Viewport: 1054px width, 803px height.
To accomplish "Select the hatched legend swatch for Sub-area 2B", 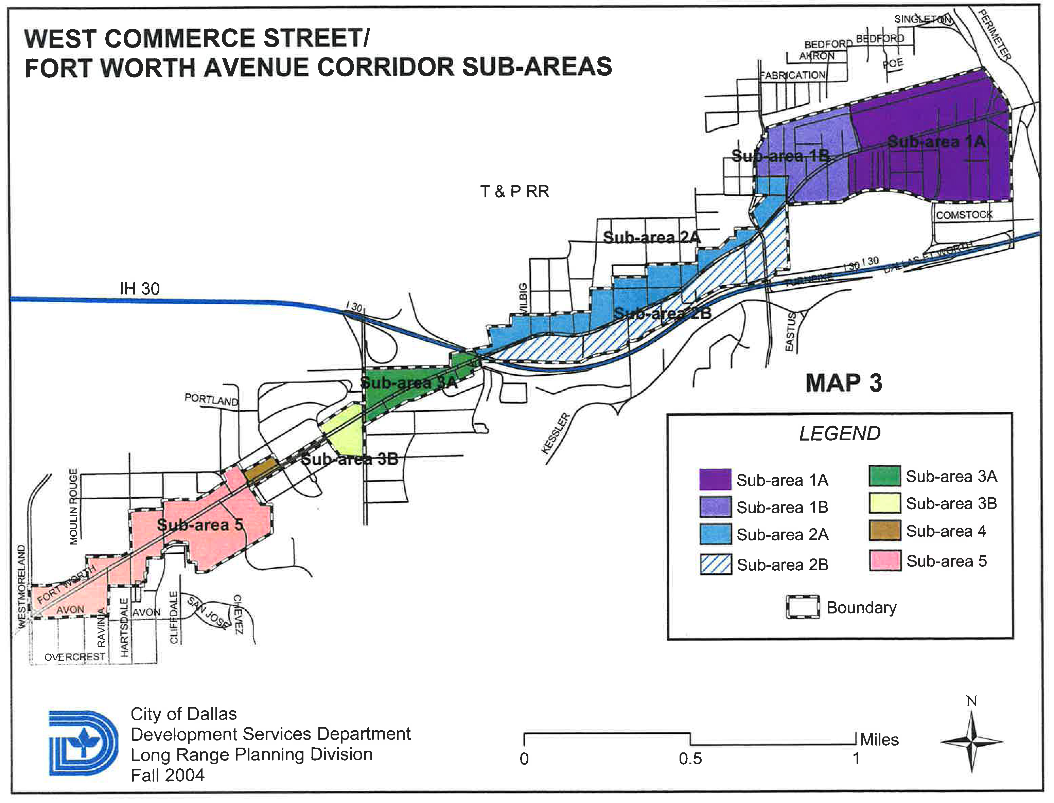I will (x=715, y=565).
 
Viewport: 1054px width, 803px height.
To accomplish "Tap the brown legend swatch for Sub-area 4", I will (x=884, y=531).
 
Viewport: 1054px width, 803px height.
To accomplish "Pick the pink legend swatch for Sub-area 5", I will (x=884, y=561).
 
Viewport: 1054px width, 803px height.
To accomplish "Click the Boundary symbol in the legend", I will (x=803, y=607).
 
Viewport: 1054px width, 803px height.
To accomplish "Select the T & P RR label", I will (x=514, y=192).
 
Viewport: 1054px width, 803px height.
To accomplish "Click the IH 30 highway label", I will (x=140, y=289).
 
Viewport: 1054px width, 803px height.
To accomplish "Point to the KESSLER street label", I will (x=556, y=433).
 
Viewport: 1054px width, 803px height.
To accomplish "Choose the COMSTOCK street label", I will (x=964, y=215).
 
